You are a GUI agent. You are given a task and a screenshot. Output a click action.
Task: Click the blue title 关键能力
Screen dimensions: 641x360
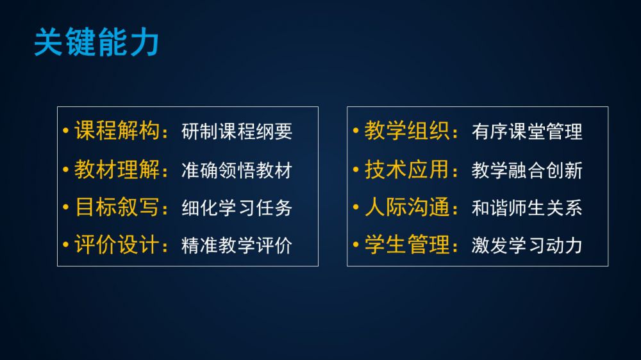(97, 42)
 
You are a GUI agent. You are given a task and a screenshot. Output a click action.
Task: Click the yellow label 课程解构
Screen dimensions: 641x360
(117, 131)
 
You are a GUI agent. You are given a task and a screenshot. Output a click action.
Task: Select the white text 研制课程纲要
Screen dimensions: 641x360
(237, 131)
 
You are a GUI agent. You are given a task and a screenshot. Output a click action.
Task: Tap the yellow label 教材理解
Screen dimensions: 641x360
(117, 169)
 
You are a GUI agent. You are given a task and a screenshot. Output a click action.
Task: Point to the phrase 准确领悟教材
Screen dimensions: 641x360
(237, 170)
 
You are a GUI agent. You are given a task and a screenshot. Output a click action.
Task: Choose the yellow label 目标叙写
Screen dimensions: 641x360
(117, 207)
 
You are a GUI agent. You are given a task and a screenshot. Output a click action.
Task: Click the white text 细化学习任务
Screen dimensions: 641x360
(237, 208)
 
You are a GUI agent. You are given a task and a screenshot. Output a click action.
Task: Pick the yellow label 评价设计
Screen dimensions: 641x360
(117, 245)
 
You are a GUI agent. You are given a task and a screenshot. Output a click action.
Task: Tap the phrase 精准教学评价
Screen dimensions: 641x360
(237, 245)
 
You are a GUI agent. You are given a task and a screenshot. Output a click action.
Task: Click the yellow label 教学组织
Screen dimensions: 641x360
(407, 131)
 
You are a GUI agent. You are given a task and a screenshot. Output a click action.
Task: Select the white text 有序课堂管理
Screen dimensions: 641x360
(527, 131)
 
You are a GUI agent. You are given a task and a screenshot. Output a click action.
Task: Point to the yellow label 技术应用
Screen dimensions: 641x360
(407, 169)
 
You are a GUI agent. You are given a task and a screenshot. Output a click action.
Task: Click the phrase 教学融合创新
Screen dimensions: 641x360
(527, 170)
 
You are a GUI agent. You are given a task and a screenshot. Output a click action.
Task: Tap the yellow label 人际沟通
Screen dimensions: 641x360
(407, 207)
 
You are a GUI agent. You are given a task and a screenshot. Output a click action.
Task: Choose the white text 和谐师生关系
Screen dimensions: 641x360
(527, 208)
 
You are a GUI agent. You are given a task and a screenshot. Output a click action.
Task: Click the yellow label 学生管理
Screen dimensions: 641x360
(407, 245)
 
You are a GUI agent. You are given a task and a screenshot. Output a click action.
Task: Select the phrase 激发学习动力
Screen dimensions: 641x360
(527, 245)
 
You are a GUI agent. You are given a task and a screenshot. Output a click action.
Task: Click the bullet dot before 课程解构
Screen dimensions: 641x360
(66, 131)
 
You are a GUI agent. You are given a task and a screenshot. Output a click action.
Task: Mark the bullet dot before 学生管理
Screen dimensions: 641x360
(356, 245)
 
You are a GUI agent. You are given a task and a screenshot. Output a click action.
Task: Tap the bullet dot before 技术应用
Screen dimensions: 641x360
(356, 169)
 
